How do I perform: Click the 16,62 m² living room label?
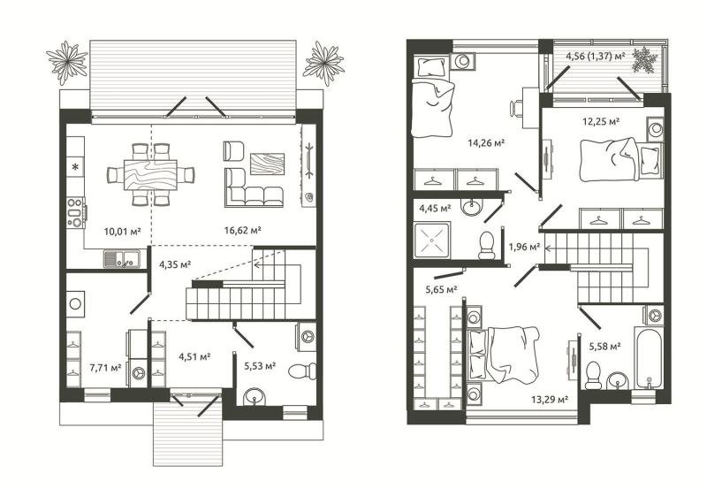[243, 231]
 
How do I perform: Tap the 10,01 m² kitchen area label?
[123, 232]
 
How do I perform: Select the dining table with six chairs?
[150, 174]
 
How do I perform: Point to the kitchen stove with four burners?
[76, 211]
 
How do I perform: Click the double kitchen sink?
[121, 259]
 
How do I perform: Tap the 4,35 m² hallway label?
[175, 264]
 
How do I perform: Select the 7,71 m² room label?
[105, 368]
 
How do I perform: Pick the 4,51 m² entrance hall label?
[194, 357]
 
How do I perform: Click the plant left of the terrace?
[67, 62]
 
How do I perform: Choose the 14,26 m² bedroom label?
[486, 143]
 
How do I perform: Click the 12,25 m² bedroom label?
[601, 121]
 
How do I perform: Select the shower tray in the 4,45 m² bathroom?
[432, 240]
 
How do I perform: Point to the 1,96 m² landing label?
[524, 247]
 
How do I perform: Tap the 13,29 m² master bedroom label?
[549, 399]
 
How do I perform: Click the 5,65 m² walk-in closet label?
[441, 290]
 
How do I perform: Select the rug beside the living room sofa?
[268, 164]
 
